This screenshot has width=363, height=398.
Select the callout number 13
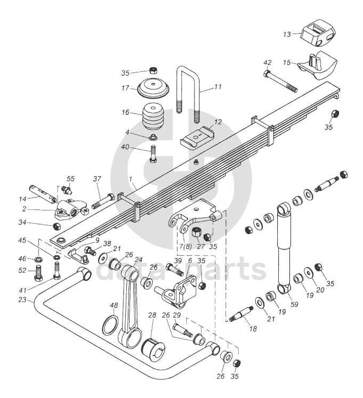pos(287,34)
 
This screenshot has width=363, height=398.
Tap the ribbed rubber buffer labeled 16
pos(152,117)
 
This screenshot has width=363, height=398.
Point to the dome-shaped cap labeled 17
pos(153,88)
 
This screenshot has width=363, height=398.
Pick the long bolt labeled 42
pos(280,82)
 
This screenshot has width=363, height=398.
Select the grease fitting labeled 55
pos(67,190)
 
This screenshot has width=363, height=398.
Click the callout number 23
pos(22,300)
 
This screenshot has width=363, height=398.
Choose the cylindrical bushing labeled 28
pos(153,350)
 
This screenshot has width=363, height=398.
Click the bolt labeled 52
pos(38,273)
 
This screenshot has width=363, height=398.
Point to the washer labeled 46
pos(38,259)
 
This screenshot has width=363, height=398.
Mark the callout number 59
pos(294,304)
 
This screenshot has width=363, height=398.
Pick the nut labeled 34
pos(57,226)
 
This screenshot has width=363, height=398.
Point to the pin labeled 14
pos(43,194)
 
